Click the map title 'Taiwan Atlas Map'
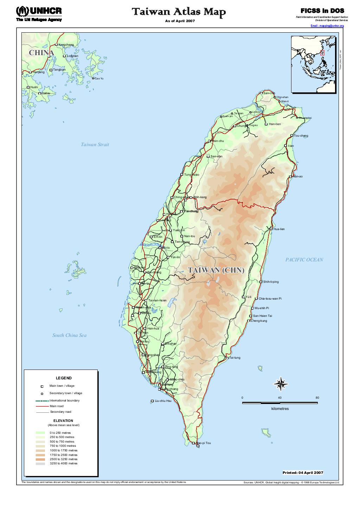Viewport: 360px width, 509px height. click(179, 12)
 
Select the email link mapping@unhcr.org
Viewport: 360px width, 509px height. click(327, 26)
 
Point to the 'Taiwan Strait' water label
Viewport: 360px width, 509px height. click(95, 144)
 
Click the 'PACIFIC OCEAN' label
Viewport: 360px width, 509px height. click(304, 260)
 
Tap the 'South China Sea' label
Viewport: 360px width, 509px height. click(69, 335)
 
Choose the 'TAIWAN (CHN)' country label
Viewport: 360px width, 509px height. click(216, 270)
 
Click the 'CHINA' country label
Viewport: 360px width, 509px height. click(41, 53)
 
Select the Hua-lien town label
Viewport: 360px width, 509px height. click(279, 229)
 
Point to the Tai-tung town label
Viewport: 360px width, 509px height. click(234, 358)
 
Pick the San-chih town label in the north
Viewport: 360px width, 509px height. click(269, 93)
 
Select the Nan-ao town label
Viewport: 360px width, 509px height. click(297, 176)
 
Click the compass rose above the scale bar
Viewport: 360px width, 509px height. click(281, 384)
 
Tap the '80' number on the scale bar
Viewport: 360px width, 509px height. click(317, 398)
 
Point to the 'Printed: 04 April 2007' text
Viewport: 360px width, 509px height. click(303, 472)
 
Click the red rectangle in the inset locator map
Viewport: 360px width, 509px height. click(322, 52)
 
